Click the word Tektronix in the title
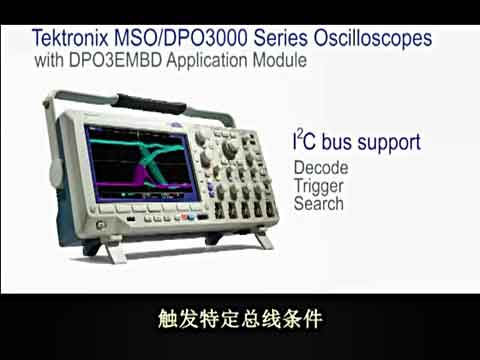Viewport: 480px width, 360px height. pyautogui.click(x=72, y=39)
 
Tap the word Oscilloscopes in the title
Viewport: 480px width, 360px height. pyautogui.click(x=369, y=39)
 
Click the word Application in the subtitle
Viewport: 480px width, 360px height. pyautogui.click(x=204, y=61)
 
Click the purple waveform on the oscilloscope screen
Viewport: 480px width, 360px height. pyautogui.click(x=110, y=181)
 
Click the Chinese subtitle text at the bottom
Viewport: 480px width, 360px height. pyautogui.click(x=239, y=321)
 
